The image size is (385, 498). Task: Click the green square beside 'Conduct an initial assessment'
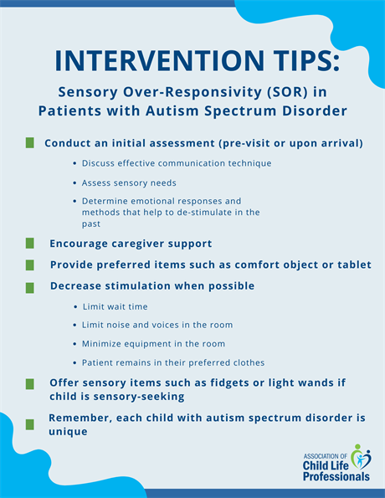click(30, 143)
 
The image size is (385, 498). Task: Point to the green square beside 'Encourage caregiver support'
click(30, 244)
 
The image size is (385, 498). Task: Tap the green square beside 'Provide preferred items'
click(30, 264)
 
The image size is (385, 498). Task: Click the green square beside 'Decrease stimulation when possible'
click(30, 286)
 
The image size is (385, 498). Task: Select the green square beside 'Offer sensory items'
click(30, 383)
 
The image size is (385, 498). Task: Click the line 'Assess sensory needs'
click(128, 182)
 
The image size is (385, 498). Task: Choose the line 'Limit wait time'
click(121, 307)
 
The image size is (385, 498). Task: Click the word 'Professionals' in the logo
click(336, 476)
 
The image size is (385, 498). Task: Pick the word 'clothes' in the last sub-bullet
click(244, 362)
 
